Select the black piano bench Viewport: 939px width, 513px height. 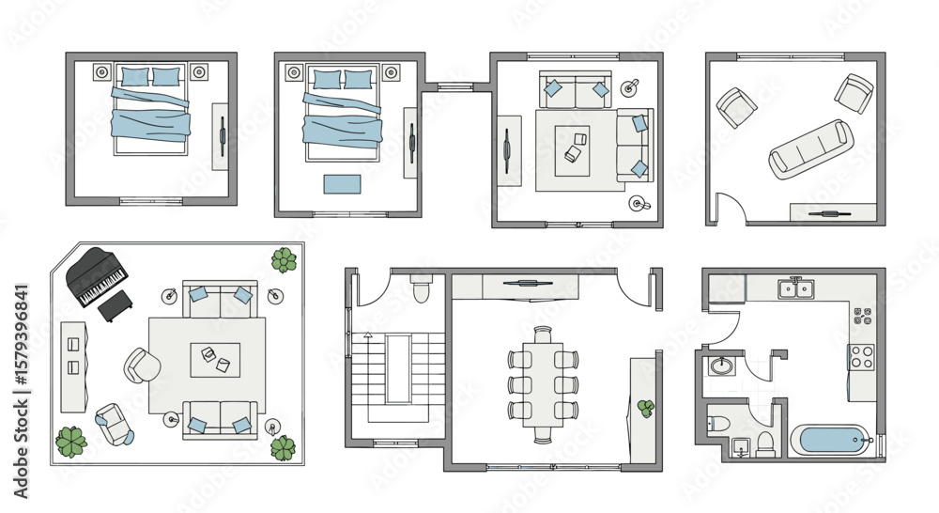(x=115, y=305)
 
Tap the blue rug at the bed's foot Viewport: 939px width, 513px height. (x=343, y=184)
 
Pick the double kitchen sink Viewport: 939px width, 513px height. (x=796, y=288)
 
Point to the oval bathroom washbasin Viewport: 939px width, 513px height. (x=721, y=365)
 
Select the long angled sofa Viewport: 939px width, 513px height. (x=811, y=148)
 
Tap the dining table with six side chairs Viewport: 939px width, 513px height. (x=543, y=384)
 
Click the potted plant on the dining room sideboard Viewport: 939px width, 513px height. (x=646, y=408)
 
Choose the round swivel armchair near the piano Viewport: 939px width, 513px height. (x=142, y=365)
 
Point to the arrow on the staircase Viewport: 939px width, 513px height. (x=368, y=336)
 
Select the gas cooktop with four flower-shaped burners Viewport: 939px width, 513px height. (x=863, y=316)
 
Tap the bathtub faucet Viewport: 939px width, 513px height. (x=871, y=441)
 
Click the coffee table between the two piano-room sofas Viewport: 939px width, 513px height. (x=215, y=360)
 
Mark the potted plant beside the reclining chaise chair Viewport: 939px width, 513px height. (x=71, y=443)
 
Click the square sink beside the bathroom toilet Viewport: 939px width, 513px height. (x=742, y=447)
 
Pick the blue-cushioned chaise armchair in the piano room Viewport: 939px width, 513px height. (x=115, y=424)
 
